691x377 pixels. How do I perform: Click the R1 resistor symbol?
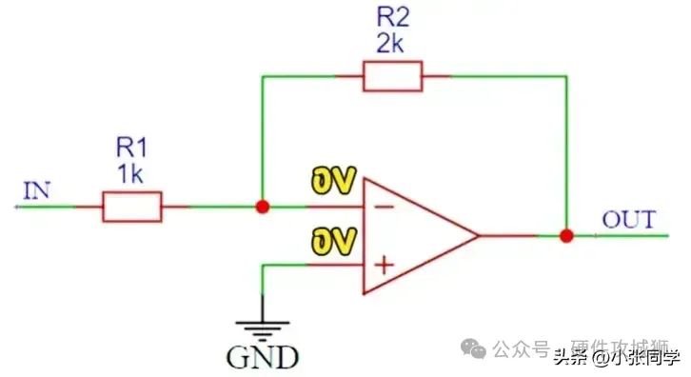pyautogui.click(x=131, y=206)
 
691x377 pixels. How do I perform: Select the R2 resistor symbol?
pyautogui.click(x=392, y=75)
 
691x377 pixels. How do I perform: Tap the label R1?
pyautogui.click(x=131, y=148)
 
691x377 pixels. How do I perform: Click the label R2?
pyautogui.click(x=391, y=16)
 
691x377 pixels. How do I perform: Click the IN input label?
pyautogui.click(x=37, y=191)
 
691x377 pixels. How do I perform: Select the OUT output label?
pyautogui.click(x=628, y=221)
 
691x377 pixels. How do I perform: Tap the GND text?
pyautogui.click(x=262, y=358)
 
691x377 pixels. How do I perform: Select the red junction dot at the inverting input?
pyautogui.click(x=263, y=206)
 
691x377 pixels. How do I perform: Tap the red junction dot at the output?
pyautogui.click(x=566, y=235)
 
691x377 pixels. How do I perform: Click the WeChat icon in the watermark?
pyautogui.click(x=476, y=349)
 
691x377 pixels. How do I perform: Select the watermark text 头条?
pyautogui.click(x=567, y=358)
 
